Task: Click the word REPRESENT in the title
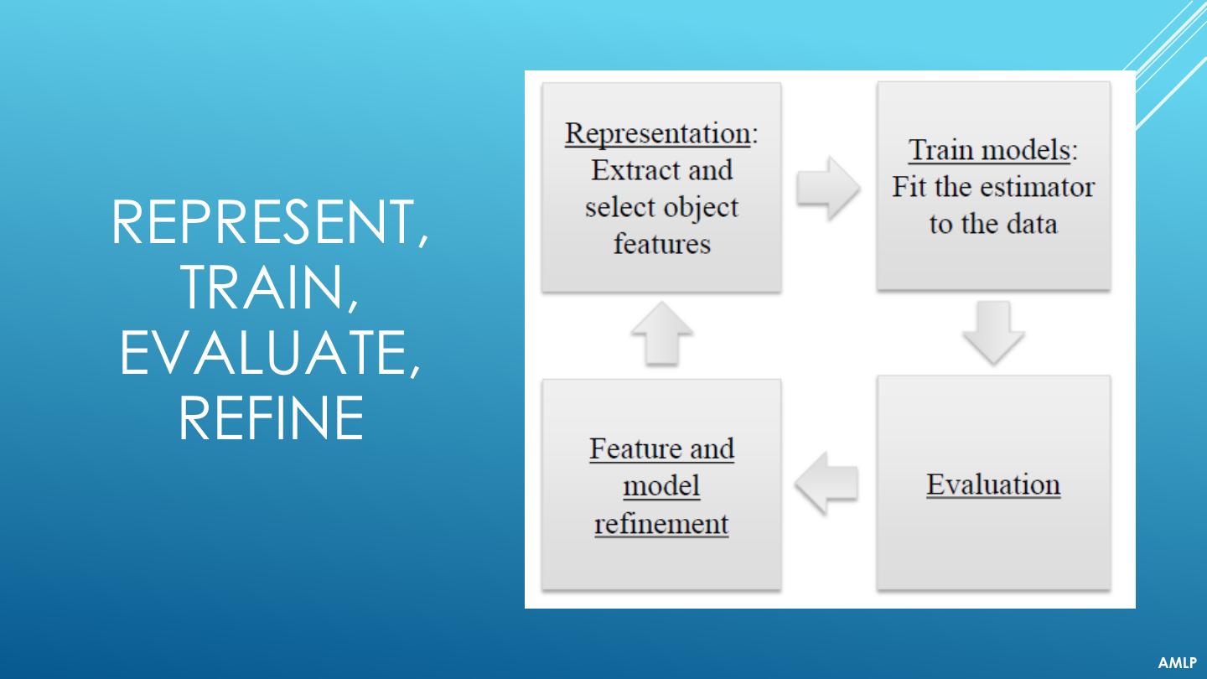click(263, 222)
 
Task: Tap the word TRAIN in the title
click(263, 288)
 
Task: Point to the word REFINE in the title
click(271, 417)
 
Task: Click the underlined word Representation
click(657, 133)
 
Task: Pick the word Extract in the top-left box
click(633, 170)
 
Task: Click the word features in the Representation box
click(662, 244)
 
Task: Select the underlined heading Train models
click(989, 150)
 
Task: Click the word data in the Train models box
click(1032, 224)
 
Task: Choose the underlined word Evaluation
click(993, 484)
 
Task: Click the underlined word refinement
click(661, 523)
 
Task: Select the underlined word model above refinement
click(661, 486)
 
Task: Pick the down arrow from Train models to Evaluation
click(993, 333)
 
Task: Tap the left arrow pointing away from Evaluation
click(826, 484)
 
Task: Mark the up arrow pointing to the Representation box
click(661, 334)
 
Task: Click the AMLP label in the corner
click(1178, 662)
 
